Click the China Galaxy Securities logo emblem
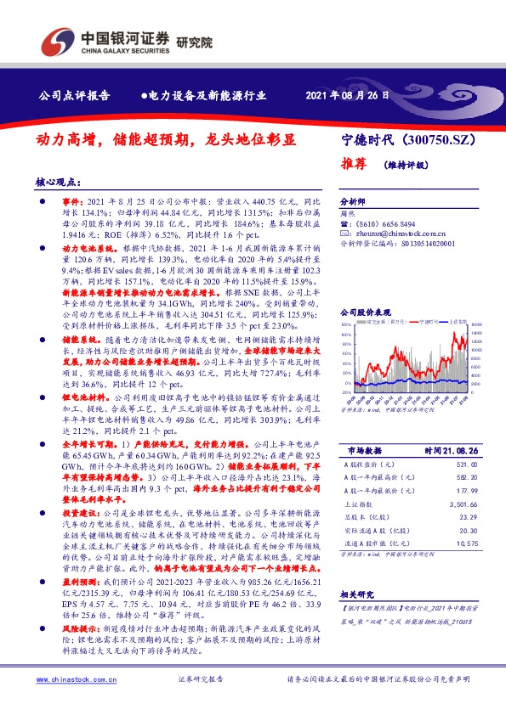pos(59,40)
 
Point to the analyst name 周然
pos(347,216)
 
